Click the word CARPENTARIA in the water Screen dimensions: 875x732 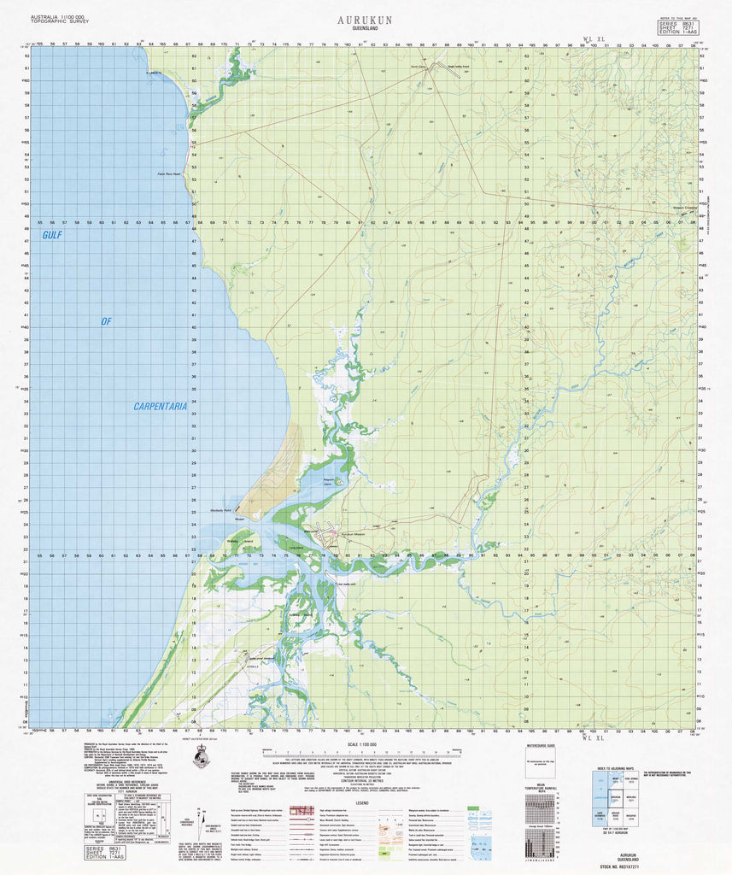tap(159, 407)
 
